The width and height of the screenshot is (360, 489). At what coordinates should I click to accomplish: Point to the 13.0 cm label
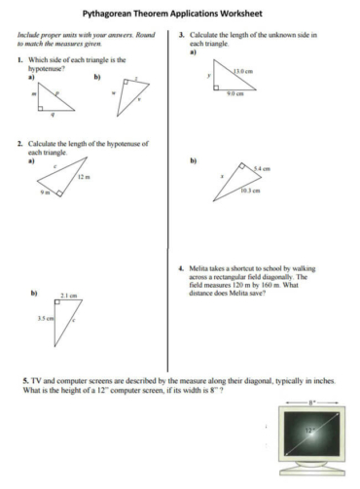(242, 71)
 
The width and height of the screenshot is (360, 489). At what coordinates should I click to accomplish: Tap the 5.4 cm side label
(261, 168)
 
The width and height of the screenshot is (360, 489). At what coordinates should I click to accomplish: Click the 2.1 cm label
(68, 295)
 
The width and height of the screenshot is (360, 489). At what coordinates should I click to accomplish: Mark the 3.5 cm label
(44, 318)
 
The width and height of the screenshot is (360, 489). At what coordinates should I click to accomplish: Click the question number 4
(182, 268)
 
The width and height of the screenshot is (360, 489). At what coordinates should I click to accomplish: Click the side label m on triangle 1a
(37, 94)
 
